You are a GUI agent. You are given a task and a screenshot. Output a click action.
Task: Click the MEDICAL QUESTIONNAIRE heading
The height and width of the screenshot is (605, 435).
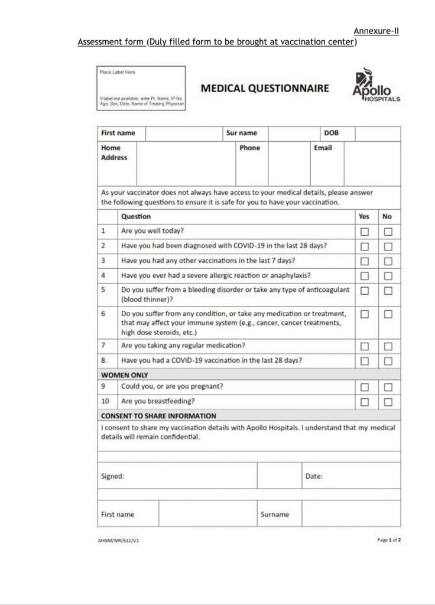264,89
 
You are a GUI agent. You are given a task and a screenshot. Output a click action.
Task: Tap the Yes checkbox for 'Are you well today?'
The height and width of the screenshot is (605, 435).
365,232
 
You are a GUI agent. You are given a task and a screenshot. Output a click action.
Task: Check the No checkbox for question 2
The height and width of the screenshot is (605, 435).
388,246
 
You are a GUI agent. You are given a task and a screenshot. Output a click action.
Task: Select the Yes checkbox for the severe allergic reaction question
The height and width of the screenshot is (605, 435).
365,275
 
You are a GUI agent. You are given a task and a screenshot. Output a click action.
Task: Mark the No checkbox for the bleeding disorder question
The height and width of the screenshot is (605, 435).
388,291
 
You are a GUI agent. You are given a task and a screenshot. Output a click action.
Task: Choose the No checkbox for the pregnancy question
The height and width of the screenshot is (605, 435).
388,388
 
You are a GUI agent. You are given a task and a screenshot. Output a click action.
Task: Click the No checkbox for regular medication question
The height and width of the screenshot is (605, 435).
388,346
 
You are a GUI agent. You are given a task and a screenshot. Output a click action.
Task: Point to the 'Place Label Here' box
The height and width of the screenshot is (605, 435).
141,88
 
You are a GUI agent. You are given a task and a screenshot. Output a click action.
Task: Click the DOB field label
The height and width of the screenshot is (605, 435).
331,134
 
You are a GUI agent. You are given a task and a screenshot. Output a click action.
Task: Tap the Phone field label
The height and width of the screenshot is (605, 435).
249,148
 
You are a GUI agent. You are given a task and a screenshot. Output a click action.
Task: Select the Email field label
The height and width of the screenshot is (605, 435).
323,148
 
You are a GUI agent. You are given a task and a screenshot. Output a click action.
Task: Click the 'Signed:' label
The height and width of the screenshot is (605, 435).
113,476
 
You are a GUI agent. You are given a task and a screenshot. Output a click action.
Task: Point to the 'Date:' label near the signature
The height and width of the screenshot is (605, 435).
314,476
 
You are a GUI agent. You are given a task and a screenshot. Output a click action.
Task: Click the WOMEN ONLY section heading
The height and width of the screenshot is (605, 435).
124,375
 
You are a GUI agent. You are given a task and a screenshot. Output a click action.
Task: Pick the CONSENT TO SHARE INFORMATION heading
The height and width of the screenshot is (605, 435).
158,416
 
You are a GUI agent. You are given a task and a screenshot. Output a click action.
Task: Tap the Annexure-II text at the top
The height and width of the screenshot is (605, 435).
376,31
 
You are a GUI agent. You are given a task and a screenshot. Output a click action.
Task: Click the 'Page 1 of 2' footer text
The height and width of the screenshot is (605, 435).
388,539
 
